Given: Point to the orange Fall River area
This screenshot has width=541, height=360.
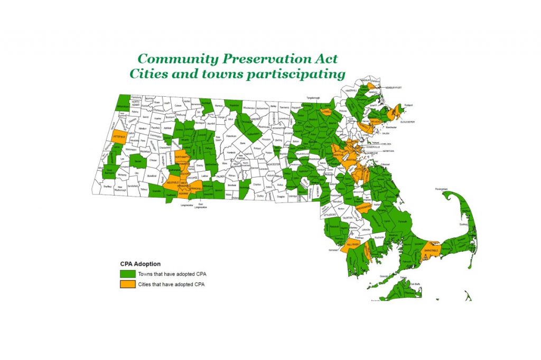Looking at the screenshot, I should (x=353, y=246).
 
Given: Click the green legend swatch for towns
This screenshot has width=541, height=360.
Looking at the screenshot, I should (x=127, y=274).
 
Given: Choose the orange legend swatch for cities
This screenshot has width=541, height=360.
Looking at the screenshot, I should (x=127, y=284).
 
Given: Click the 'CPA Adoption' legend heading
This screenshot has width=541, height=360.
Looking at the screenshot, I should (x=139, y=264).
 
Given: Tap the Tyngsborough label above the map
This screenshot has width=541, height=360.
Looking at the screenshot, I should (x=313, y=98).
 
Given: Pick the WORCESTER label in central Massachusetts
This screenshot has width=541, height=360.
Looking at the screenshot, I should (x=273, y=164).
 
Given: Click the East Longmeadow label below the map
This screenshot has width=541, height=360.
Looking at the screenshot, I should (x=200, y=206).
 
